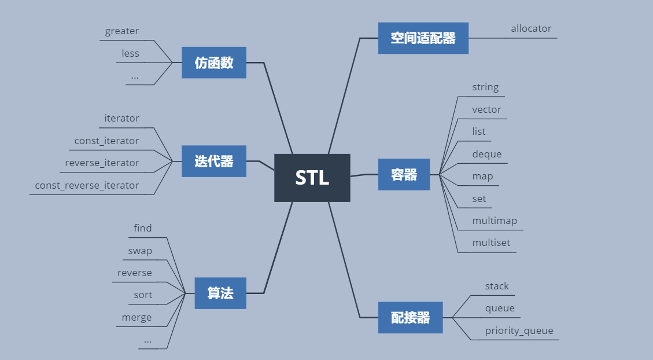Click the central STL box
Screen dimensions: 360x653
(312, 178)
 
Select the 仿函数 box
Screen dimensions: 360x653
(214, 63)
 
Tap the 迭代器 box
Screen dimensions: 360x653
(214, 161)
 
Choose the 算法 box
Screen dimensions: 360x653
(220, 293)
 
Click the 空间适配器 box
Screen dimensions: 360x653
(423, 38)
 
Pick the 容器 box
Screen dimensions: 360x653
(404, 174)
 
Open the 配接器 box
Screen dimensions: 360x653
(410, 317)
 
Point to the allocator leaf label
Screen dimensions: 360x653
(531, 28)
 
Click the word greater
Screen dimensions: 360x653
(122, 31)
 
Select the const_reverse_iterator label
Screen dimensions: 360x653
(87, 185)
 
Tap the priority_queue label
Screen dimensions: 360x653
(519, 330)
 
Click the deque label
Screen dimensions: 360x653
(486, 154)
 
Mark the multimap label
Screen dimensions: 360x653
(495, 221)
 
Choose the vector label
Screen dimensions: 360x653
(486, 109)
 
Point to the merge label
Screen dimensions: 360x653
(136, 317)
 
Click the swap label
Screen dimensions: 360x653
(140, 251)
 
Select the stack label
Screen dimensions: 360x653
(497, 286)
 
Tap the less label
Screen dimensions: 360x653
(130, 53)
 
